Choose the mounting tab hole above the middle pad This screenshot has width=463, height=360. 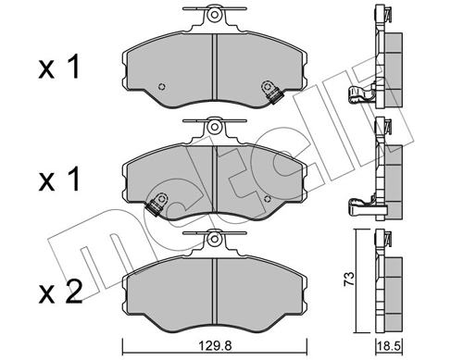214,128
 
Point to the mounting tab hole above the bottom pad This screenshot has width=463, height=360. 214,241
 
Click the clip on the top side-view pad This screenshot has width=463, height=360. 357,93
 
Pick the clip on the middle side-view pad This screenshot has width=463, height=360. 357,205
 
